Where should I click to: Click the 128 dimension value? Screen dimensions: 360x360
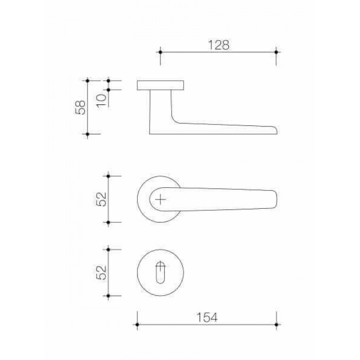pos(219,45)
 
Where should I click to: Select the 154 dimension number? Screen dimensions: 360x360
pos(207,317)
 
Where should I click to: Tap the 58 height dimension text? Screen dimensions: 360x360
pos(81,107)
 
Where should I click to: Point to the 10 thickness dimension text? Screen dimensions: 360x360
pos(102,100)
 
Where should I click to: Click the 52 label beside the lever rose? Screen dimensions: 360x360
pos(102,199)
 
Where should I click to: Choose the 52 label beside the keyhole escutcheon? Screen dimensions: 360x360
pos(102,273)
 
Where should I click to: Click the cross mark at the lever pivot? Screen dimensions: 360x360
pos(160,200)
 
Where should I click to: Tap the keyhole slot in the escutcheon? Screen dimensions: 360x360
pos(160,272)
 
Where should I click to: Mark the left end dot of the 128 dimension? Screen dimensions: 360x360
pos(160,52)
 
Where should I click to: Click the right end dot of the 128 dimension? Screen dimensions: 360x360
pos(276,52)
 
